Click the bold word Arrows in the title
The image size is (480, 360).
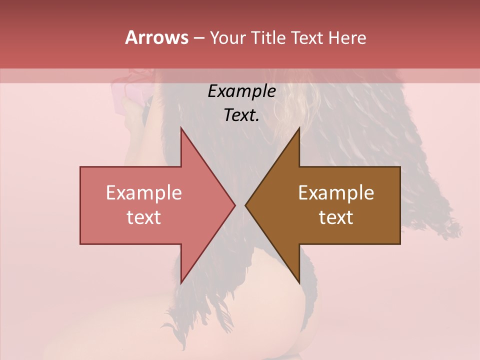(156, 37)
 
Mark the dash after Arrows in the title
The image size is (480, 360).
(198, 38)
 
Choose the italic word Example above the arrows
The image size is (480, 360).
(241, 91)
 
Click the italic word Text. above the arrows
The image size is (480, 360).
(241, 115)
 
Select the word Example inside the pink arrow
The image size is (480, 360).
(144, 192)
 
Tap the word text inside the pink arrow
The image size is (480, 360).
(144, 217)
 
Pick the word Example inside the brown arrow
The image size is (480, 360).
(336, 192)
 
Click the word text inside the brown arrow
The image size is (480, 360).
(336, 217)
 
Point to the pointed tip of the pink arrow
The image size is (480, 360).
(235, 205)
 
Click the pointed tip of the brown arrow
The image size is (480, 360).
(245, 205)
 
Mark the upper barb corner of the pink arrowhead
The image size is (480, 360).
(181, 127)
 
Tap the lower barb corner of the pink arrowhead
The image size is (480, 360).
(181, 283)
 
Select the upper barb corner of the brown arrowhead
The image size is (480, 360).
(299, 127)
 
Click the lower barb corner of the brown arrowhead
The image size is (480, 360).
(299, 283)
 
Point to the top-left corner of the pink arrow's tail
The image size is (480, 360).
(80, 167)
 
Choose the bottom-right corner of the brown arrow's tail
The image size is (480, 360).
(400, 244)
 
